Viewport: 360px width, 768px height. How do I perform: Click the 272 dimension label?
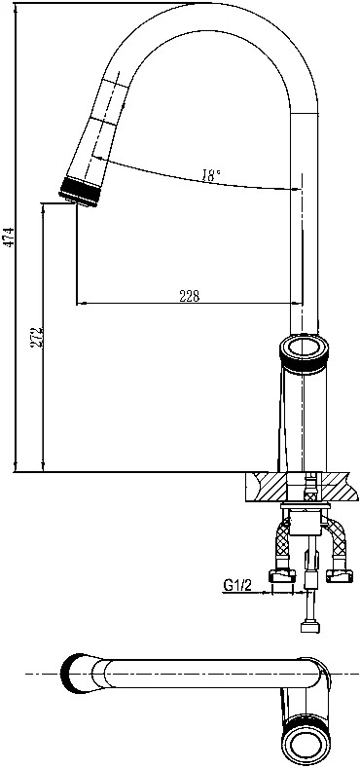click(x=35, y=338)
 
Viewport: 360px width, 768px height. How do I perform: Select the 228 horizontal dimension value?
click(x=190, y=296)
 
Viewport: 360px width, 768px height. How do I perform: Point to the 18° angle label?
click(x=211, y=175)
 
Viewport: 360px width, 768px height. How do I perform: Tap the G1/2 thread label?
click(x=237, y=585)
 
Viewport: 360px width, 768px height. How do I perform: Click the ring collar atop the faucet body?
click(x=304, y=353)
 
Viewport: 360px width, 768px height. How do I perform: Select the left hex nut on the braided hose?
click(x=282, y=575)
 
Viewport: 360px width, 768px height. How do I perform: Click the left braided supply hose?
click(x=283, y=543)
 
